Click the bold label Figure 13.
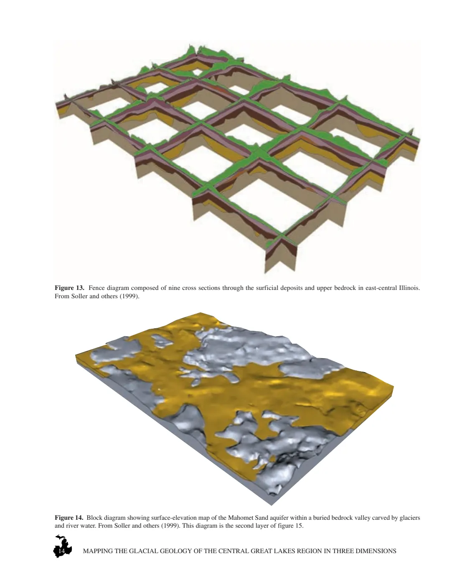click(69, 288)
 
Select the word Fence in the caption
click(96, 288)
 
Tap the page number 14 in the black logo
click(61, 551)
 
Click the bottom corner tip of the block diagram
click(272, 505)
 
